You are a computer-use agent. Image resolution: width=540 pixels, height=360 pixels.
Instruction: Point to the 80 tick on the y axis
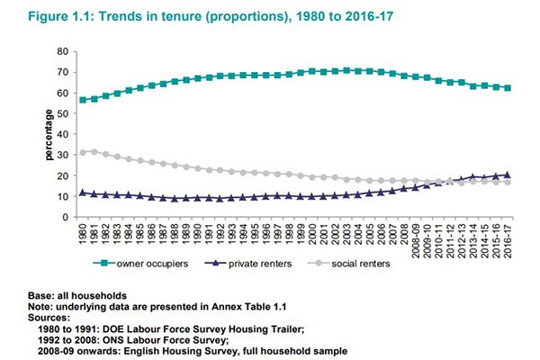(x=63, y=51)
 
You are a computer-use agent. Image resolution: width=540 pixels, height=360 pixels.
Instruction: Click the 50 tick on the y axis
(x=63, y=113)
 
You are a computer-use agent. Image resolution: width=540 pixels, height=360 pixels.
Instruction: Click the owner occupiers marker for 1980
(x=83, y=100)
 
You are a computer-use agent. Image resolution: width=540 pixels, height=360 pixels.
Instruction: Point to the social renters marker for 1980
(x=83, y=153)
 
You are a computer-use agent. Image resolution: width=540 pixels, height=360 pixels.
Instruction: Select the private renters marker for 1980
(x=83, y=192)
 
